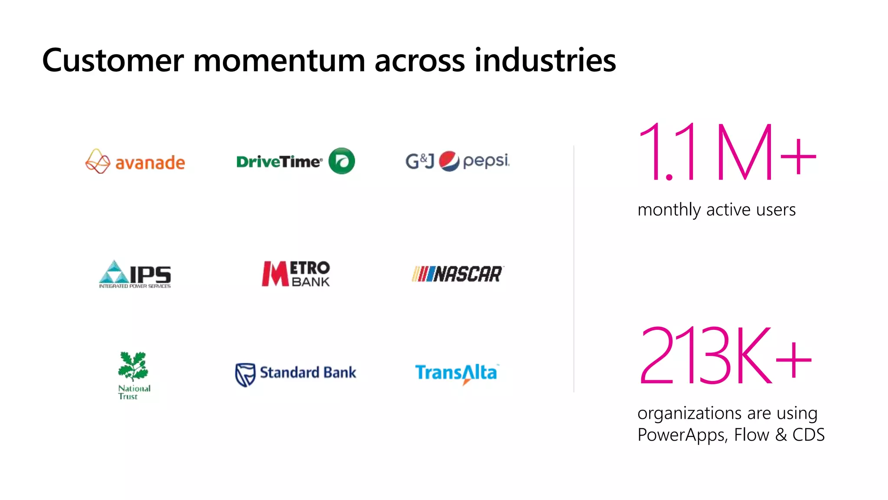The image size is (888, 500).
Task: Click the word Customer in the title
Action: tap(113, 60)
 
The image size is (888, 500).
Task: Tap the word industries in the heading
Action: tap(545, 60)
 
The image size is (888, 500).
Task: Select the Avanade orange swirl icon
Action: tap(98, 161)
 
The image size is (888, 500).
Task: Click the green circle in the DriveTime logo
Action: tap(342, 161)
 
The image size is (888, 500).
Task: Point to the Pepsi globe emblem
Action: tap(449, 161)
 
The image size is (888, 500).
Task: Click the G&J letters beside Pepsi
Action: tap(419, 161)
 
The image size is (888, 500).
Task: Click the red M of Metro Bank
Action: tap(275, 274)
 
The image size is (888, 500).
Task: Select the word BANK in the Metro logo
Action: tap(310, 282)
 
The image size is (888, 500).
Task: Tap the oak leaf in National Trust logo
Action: tap(133, 365)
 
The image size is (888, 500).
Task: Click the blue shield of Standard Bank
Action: tap(245, 374)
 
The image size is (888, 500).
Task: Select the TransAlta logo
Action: tap(456, 373)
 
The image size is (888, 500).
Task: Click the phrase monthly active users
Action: tap(716, 210)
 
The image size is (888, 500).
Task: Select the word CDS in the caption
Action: tap(808, 435)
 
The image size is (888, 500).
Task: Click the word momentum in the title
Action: tap(279, 60)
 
